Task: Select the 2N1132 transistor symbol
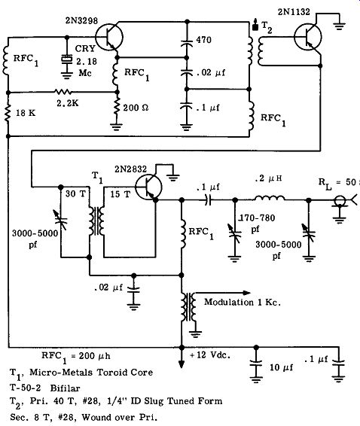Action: pyautogui.click(x=307, y=37)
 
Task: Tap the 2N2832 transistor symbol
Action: pyautogui.click(x=148, y=187)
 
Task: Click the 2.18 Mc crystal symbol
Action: pyautogui.click(x=66, y=59)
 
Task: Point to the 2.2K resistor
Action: pyautogui.click(x=63, y=92)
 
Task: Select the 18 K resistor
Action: pyautogui.click(x=8, y=112)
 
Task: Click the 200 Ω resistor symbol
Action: pyautogui.click(x=117, y=107)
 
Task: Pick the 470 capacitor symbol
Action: pyautogui.click(x=187, y=44)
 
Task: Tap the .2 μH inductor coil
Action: pyautogui.click(x=270, y=198)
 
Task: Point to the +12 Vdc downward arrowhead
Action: pyautogui.click(x=182, y=364)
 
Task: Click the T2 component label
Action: pyautogui.click(x=267, y=27)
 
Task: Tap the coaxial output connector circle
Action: pyautogui.click(x=340, y=201)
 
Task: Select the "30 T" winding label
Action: pyautogui.click(x=75, y=193)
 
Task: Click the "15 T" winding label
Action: pyautogui.click(x=121, y=194)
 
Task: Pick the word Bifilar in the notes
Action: pyautogui.click(x=66, y=388)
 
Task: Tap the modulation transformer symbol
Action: pyautogui.click(x=189, y=306)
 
